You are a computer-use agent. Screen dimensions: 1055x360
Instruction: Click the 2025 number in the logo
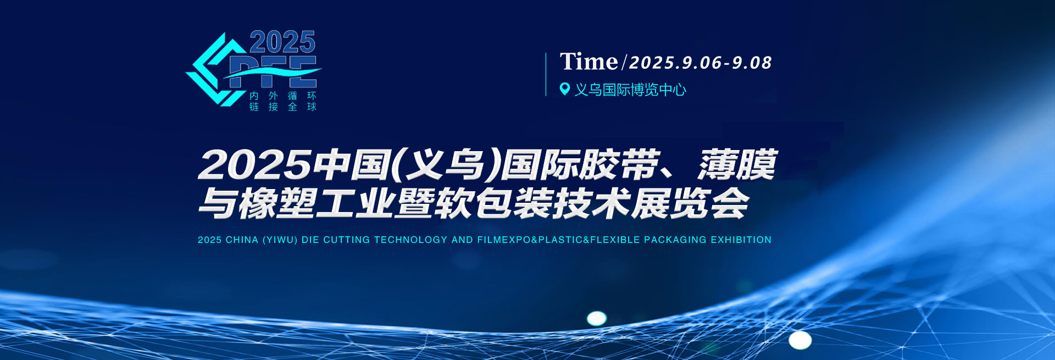[282, 42]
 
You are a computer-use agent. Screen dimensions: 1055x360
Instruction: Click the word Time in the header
[588, 61]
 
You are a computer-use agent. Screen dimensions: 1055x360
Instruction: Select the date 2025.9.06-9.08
[701, 63]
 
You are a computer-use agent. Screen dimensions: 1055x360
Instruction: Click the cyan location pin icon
[564, 88]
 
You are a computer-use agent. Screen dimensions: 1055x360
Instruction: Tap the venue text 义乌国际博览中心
[630, 90]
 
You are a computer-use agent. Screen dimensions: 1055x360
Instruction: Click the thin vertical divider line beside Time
[546, 74]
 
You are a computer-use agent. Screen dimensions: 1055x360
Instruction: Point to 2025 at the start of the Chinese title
[254, 164]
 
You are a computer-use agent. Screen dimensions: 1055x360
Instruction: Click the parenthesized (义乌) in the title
[446, 164]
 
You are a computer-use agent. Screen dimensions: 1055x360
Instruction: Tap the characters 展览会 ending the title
[690, 203]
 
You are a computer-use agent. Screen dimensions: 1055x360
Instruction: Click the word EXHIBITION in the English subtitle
[741, 240]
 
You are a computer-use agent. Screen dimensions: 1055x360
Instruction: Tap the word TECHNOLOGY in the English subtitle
[411, 240]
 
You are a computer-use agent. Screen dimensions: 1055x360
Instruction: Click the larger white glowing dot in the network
[800, 340]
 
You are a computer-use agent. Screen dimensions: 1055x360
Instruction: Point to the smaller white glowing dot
[597, 318]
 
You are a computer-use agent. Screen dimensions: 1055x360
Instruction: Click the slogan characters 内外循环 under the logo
[283, 96]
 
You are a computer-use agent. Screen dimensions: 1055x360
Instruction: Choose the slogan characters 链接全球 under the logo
[283, 107]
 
